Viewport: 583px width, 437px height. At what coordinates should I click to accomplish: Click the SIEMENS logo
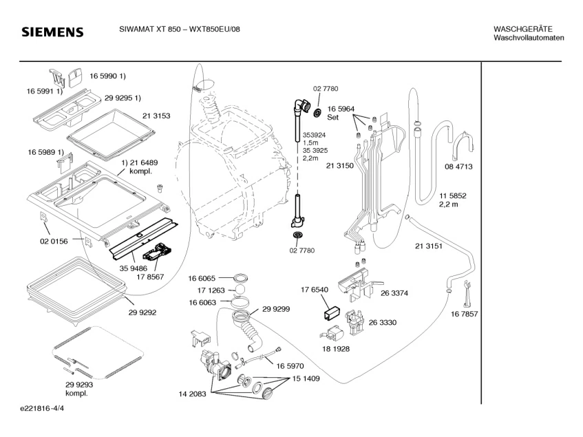(52, 32)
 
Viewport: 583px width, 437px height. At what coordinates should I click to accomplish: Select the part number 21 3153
(156, 116)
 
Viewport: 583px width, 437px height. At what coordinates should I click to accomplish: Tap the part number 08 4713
(458, 167)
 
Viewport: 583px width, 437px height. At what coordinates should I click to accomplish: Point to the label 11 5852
(454, 196)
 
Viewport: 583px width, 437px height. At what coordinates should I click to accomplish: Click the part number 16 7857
(465, 314)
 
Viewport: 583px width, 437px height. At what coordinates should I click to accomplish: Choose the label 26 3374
(394, 292)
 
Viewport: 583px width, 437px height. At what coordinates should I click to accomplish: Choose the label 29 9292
(142, 312)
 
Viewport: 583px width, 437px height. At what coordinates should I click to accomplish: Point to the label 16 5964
(341, 109)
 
